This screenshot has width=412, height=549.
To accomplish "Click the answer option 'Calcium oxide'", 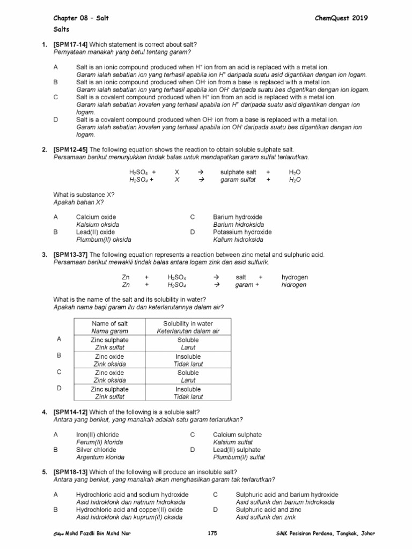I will click(x=96, y=217).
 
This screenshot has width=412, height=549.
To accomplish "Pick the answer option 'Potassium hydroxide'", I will click(x=242, y=232).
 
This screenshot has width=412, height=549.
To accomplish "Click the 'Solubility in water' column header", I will click(x=188, y=323).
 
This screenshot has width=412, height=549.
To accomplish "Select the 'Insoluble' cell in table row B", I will click(x=188, y=356).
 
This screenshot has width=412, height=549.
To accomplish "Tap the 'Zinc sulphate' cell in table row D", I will click(x=109, y=389).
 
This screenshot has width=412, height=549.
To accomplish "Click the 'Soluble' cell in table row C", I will click(x=188, y=373).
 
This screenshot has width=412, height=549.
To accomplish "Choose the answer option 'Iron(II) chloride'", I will click(x=98, y=434).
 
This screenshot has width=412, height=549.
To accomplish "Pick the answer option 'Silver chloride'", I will click(x=97, y=450).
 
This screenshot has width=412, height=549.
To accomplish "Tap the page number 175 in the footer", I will click(x=211, y=534).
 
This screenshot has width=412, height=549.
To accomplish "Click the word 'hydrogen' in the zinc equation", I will click(x=295, y=277).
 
